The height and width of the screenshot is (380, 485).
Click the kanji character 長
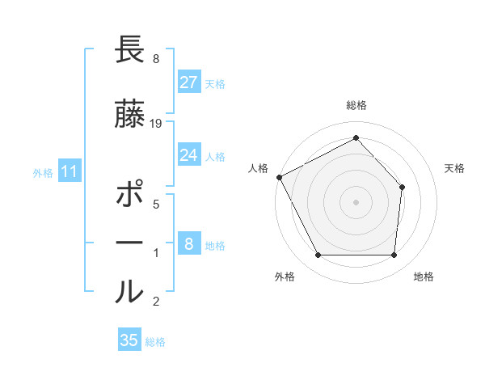[x=129, y=51]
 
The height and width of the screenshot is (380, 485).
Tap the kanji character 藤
[x=129, y=114]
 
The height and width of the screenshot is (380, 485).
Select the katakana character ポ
[x=129, y=196]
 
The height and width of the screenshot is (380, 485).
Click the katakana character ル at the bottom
[x=129, y=290]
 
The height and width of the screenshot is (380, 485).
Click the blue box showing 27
[x=188, y=82]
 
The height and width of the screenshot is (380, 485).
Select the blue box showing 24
[x=188, y=155]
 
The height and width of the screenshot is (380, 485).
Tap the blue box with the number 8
[x=188, y=244]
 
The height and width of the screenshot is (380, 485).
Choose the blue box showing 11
[x=69, y=171]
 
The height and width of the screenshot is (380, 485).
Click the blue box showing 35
[x=129, y=340]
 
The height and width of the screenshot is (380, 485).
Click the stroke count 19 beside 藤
[x=156, y=123]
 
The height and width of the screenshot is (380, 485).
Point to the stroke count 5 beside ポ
[x=155, y=204]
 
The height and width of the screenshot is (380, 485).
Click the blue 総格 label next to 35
[x=155, y=342]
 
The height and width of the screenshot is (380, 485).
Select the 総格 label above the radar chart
[x=356, y=105]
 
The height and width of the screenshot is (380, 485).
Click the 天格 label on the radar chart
[x=454, y=168]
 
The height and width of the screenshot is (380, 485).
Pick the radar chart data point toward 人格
[x=279, y=177]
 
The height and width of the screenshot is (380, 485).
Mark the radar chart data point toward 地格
[x=394, y=255]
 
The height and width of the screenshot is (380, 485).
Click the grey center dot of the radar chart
[x=356, y=201]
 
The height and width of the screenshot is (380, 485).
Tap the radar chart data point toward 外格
[x=318, y=255]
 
